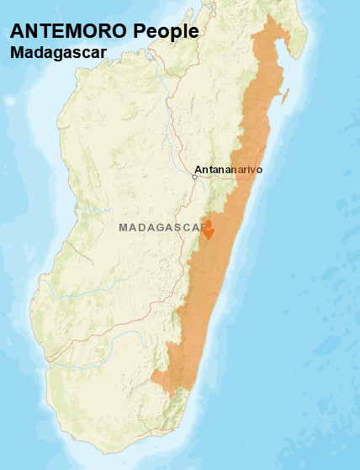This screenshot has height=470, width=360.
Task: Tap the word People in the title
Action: (167, 31)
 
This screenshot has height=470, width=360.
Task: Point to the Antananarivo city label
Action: (229, 170)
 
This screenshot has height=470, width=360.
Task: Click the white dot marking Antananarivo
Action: (194, 177)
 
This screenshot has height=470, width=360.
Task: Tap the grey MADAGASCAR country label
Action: (163, 228)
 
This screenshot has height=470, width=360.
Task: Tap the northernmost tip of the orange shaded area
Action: (269, 16)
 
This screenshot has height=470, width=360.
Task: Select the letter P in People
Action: (140, 31)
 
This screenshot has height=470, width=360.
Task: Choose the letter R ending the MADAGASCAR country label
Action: (204, 228)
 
